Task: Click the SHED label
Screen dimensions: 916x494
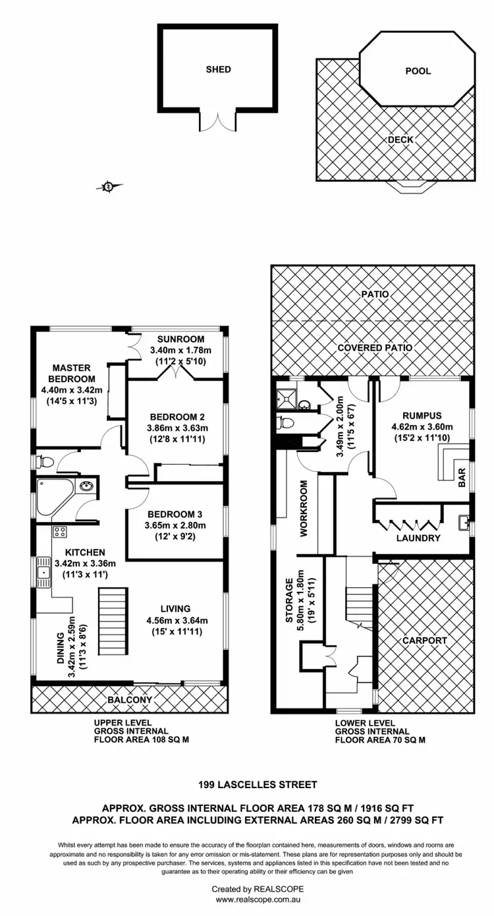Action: [218, 69]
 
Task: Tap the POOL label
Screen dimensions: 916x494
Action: [418, 71]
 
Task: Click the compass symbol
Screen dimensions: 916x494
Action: [109, 187]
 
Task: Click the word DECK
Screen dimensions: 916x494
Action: [400, 140]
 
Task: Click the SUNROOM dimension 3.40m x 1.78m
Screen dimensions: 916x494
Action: [180, 350]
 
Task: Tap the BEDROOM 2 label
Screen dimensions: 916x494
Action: [177, 416]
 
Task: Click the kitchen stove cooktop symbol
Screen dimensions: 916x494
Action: [59, 532]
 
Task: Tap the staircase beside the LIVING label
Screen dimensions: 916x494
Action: [111, 621]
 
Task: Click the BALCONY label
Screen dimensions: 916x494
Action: [129, 700]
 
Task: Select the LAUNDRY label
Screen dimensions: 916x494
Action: [418, 538]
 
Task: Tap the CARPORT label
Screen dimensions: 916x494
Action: [425, 640]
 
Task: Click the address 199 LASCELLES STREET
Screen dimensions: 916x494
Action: [258, 784]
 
